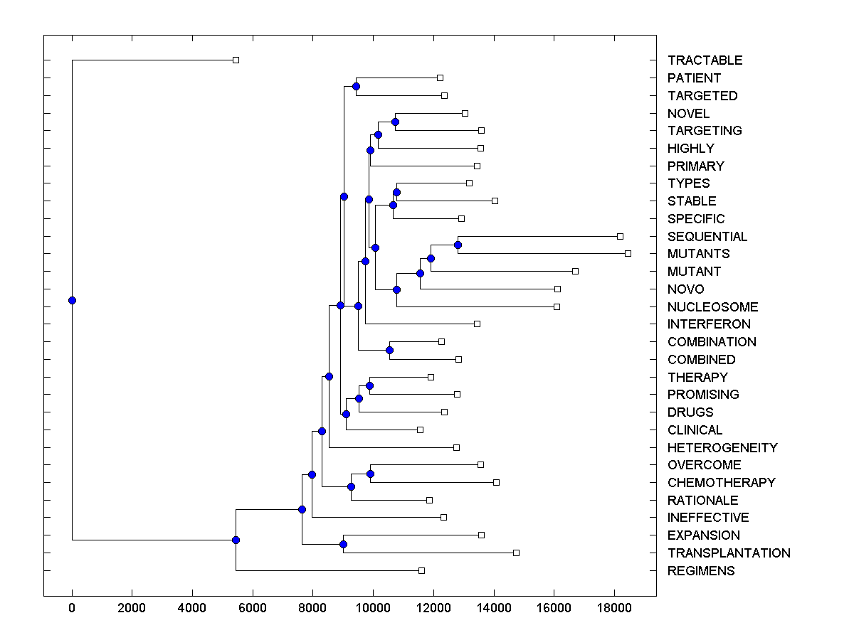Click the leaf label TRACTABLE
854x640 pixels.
(705, 60)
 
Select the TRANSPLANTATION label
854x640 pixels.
(729, 553)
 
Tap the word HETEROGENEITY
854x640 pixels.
(722, 448)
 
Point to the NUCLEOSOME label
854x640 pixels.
(712, 307)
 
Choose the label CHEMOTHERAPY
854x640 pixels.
(721, 483)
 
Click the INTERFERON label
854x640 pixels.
(709, 324)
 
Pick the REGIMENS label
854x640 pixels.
(701, 571)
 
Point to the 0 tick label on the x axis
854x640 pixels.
(72, 607)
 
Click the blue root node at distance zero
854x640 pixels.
(72, 300)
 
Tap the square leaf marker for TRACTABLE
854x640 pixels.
(236, 60)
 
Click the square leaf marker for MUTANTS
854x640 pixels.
(628, 253)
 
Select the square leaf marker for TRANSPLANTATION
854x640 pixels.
(516, 553)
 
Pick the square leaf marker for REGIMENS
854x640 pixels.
(421, 570)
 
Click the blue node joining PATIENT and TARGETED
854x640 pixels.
(356, 86)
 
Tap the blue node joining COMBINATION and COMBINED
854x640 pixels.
(389, 350)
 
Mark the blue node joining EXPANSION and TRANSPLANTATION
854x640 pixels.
(343, 544)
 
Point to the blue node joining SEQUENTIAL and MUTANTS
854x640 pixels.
(458, 245)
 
